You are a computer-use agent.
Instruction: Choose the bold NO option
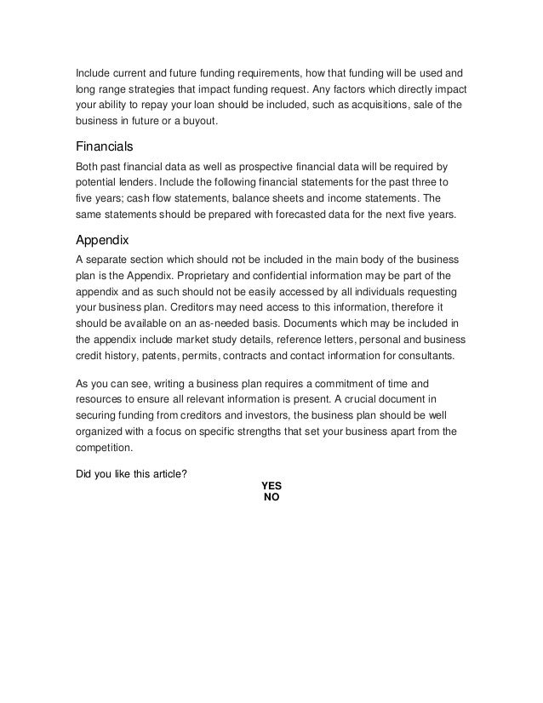click(x=271, y=497)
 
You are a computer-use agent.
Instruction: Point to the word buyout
click(x=197, y=121)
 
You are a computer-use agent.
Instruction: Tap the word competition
click(x=105, y=448)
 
